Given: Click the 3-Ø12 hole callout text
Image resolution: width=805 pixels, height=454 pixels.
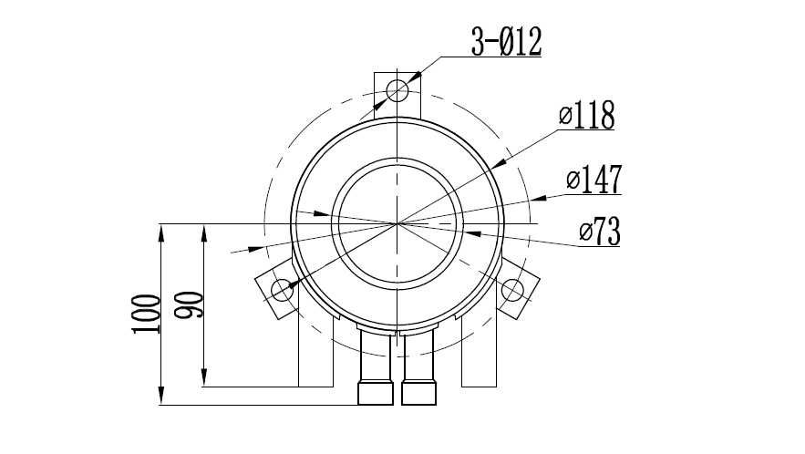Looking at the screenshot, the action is coord(506,42).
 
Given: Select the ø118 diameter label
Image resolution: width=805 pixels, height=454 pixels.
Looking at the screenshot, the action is coord(587,116).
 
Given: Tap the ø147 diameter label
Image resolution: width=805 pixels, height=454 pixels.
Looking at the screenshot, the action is coord(594,180).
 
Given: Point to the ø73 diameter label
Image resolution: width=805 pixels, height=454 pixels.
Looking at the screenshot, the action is coord(600,232).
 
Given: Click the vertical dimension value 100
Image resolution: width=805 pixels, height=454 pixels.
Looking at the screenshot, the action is coord(146,314).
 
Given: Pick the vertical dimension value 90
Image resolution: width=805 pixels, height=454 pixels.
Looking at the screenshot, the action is coord(189,305).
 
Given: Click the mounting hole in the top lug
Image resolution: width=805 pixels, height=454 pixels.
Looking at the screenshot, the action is coord(397,91).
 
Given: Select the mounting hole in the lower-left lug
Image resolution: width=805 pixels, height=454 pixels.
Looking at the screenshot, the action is coord(282,290).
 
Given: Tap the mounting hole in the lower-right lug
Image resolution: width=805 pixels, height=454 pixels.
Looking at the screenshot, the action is coord(512,290).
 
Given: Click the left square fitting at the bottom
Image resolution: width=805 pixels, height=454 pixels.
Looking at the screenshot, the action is coord(376,393).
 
